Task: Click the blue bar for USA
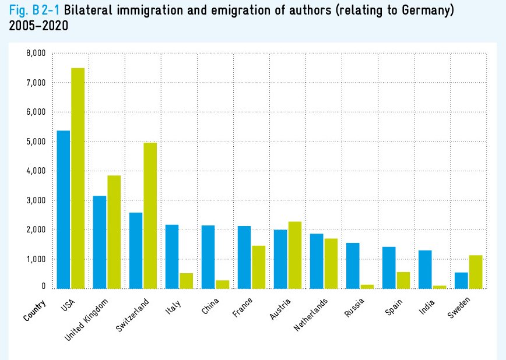pyautogui.click(x=64, y=209)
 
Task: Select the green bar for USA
pyautogui.click(x=78, y=178)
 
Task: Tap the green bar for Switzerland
pyautogui.click(x=150, y=215)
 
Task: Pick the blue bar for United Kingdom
pyautogui.click(x=100, y=242)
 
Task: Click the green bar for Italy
pyautogui.click(x=187, y=280)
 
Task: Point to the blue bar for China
pyautogui.click(x=208, y=256)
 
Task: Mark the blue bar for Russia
pyautogui.click(x=353, y=265)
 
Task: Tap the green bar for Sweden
pyautogui.click(x=476, y=271)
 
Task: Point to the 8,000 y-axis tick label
pyautogui.click(x=36, y=54)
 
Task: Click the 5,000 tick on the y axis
pyautogui.click(x=36, y=142)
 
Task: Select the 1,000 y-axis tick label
pyautogui.click(x=36, y=259)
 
